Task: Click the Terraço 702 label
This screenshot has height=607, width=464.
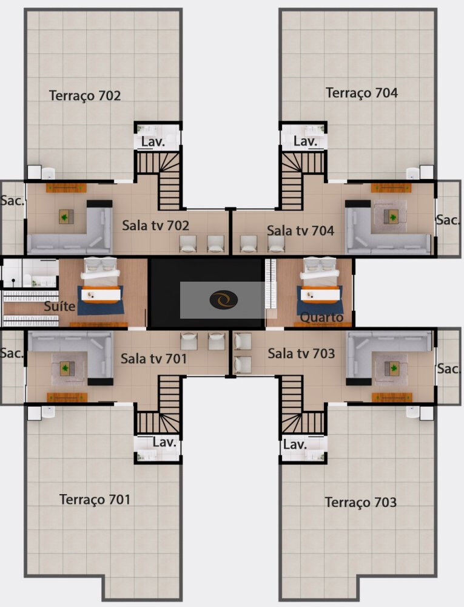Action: point(85,95)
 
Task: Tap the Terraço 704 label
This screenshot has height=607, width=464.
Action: point(361,93)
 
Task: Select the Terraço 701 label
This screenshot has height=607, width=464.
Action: point(95,500)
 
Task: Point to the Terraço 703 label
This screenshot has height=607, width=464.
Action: point(360,503)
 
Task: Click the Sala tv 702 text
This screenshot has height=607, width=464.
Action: point(155,226)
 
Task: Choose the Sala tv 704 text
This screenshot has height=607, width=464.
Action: point(300,231)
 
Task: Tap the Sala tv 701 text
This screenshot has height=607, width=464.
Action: point(153,359)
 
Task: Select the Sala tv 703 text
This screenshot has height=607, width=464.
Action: point(301,353)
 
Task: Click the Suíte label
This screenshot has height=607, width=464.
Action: point(59,307)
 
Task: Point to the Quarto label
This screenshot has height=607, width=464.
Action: point(321,317)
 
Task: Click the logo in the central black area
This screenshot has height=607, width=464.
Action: point(223,300)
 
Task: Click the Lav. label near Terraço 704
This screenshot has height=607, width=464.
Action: point(305,141)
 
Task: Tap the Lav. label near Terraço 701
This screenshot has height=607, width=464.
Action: point(164,443)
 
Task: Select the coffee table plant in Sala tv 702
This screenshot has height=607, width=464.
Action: point(66,215)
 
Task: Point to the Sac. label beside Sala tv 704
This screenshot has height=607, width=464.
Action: point(448,220)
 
